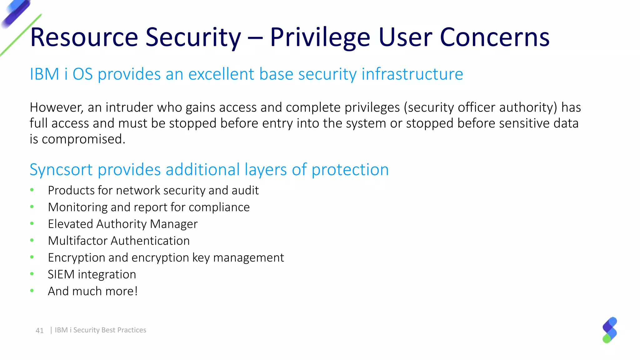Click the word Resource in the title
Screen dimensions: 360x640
pyautogui.click(x=84, y=37)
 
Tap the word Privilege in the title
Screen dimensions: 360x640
pyautogui.click(x=320, y=37)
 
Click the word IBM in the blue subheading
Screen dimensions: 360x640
pyautogui.click(x=44, y=74)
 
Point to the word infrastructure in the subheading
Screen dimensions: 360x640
pyautogui.click(x=412, y=74)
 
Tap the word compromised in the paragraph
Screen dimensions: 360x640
pyautogui.click(x=83, y=139)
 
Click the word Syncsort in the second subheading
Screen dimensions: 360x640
pyautogui.click(x=61, y=170)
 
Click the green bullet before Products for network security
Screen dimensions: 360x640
pyautogui.click(x=32, y=190)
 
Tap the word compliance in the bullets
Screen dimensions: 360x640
pyautogui.click(x=219, y=207)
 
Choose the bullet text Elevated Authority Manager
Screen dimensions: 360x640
pyautogui.click(x=122, y=224)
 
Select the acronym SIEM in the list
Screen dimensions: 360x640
pyautogui.click(x=61, y=274)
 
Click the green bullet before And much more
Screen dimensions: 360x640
pyautogui.click(x=32, y=291)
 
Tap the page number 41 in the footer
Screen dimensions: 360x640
pyautogui.click(x=40, y=331)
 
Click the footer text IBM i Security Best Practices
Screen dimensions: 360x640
pyautogui.click(x=100, y=330)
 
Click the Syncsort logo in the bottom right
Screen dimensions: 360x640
pyautogui.click(x=610, y=330)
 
